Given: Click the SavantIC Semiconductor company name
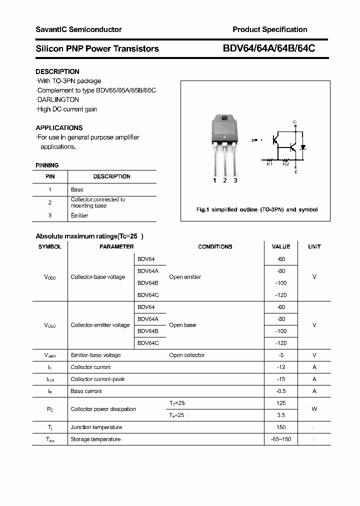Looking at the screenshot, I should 78,29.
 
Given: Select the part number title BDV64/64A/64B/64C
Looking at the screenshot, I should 268,48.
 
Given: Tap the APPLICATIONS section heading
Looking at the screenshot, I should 59,127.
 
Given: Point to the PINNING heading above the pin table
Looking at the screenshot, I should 47,165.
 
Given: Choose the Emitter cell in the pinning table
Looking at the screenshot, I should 79,215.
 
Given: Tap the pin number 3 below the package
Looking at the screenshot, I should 235,180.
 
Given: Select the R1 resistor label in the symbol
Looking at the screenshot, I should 269,163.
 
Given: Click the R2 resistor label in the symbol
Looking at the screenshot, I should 285,163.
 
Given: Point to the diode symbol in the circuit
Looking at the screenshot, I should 303,147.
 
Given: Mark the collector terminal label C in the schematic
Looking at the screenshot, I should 295,122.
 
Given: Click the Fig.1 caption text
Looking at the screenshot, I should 256,209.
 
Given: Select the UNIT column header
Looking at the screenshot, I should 314,246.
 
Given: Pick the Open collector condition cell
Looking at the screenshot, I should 186,355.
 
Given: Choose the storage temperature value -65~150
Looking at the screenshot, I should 280,439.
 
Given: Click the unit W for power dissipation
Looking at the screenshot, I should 314,409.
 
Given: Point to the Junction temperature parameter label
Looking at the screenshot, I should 96,427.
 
